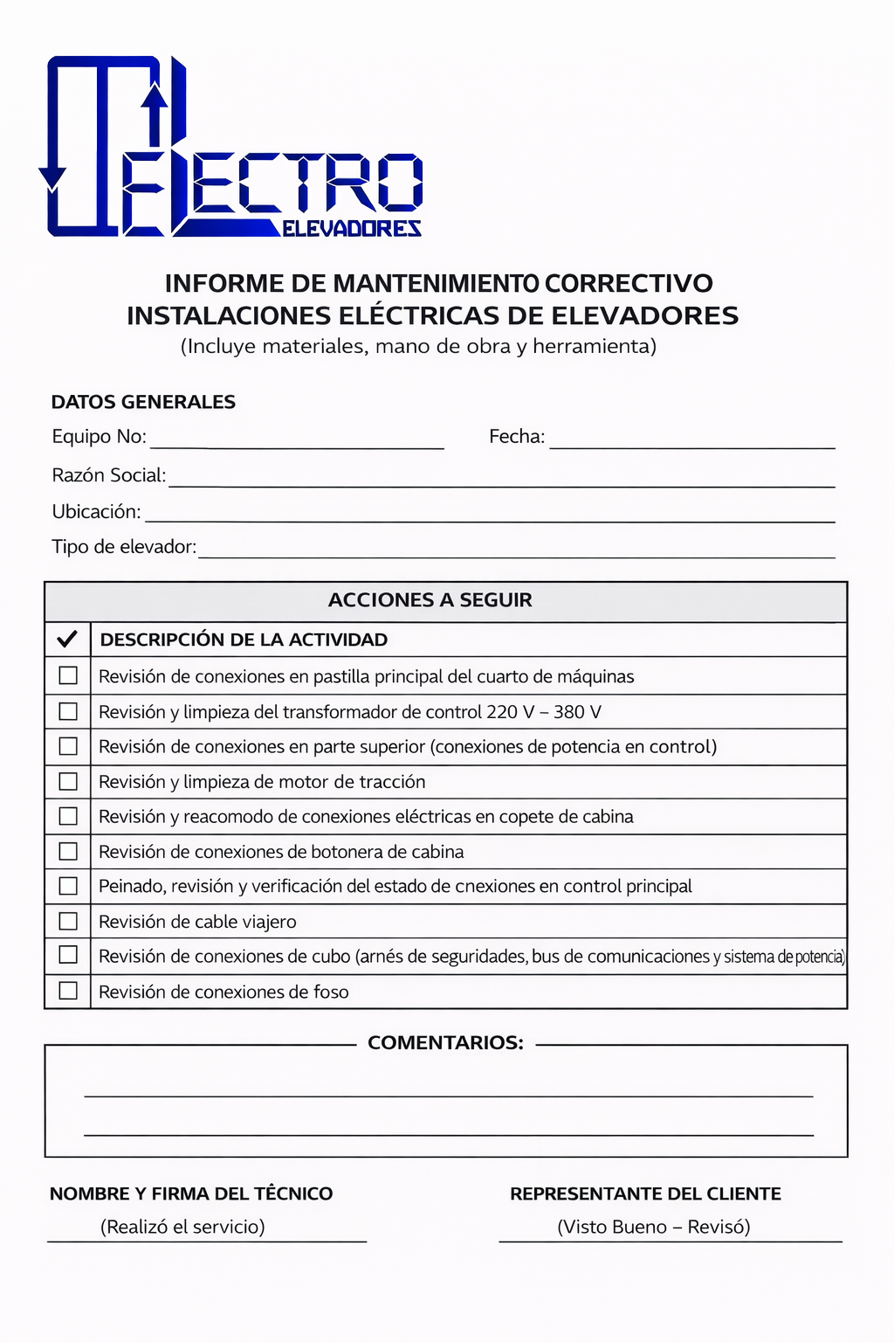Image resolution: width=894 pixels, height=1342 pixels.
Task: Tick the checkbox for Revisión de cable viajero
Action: tap(68, 921)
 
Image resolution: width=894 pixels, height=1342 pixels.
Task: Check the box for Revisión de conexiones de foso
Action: tap(68, 991)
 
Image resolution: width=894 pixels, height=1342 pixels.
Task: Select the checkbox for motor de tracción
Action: tap(68, 781)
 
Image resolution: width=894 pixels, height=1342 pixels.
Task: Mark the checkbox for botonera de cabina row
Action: tap(68, 851)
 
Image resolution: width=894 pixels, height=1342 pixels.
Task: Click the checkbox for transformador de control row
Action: tap(68, 711)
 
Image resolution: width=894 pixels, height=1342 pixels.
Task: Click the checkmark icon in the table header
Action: tap(67, 640)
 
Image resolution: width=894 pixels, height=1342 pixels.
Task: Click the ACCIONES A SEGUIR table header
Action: tap(430, 600)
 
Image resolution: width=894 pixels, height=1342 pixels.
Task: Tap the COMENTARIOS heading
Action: tap(445, 1042)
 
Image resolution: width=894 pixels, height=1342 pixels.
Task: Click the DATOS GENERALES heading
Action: tap(143, 402)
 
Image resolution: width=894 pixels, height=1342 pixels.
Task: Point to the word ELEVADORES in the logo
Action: tap(352, 229)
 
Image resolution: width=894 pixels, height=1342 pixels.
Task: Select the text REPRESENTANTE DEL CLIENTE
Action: tap(645, 1193)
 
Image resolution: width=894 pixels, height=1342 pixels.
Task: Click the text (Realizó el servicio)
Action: tap(182, 1227)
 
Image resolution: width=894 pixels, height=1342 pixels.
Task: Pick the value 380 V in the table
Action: tap(577, 712)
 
